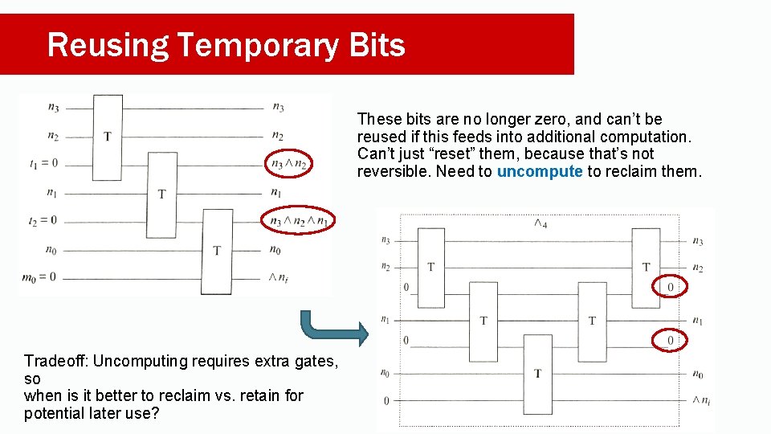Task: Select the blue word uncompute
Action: (540, 171)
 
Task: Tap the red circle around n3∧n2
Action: (289, 164)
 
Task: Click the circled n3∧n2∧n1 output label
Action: (299, 220)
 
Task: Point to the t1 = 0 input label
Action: (43, 164)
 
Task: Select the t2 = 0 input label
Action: (43, 220)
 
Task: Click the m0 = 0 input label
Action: (40, 277)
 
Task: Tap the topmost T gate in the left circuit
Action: (108, 136)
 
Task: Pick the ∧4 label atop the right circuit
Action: (541, 223)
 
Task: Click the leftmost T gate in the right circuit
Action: (431, 267)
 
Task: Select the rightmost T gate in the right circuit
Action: (646, 267)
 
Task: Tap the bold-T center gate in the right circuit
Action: (537, 373)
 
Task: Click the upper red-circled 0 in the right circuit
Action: (670, 286)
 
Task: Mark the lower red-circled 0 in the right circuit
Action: (670, 341)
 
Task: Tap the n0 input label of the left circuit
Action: (51, 250)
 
